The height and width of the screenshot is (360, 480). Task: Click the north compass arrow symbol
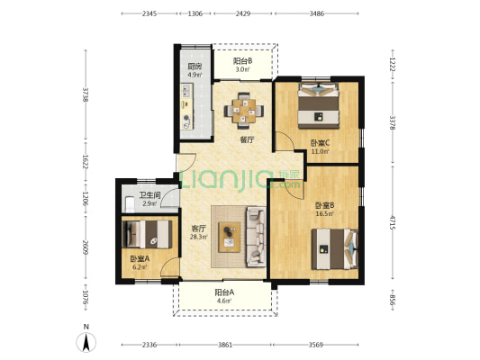[x=86, y=341]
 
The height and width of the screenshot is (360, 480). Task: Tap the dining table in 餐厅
[x=244, y=111]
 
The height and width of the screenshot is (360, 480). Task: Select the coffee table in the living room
[x=230, y=237]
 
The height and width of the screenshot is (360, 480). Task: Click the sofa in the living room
[x=257, y=237]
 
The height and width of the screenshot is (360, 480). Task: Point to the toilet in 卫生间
[x=130, y=204]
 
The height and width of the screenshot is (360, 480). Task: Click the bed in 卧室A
[x=147, y=235]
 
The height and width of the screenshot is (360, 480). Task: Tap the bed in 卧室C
[x=319, y=106]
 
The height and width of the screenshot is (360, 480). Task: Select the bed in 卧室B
[x=335, y=249]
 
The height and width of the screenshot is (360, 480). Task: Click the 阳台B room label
[x=243, y=61]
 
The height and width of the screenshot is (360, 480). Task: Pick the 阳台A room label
[x=224, y=292]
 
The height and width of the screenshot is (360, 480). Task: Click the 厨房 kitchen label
[x=195, y=67]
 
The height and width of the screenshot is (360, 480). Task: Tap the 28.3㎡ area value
[x=199, y=237]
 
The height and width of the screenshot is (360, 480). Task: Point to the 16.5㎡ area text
[x=325, y=214]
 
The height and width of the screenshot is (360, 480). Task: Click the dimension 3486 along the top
[x=316, y=13]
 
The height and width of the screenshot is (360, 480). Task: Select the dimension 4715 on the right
[x=393, y=222]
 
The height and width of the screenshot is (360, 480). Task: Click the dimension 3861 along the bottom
[x=225, y=345]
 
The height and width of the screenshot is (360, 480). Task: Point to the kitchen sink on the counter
[x=186, y=90]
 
